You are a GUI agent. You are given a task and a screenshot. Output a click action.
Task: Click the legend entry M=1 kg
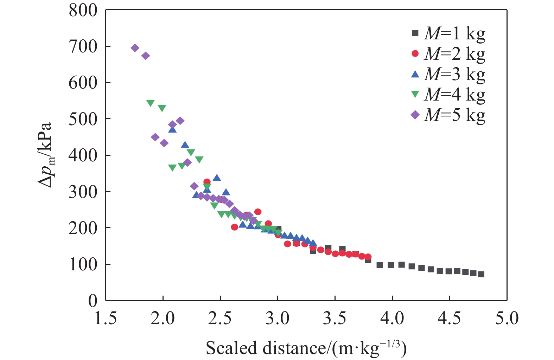(448, 33)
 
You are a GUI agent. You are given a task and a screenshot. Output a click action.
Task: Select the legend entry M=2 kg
(448, 54)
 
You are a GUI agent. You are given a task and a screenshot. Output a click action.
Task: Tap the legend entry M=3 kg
(448, 74)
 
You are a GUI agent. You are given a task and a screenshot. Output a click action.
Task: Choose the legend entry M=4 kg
(448, 95)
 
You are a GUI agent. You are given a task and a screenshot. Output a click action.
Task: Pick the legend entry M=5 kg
(448, 115)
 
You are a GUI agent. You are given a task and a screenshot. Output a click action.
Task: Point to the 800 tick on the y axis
(83, 11)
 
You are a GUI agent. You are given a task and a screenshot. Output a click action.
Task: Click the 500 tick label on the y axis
(83, 119)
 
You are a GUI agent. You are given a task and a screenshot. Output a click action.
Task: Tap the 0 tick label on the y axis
(93, 301)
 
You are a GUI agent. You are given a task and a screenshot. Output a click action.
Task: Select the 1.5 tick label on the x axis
(106, 319)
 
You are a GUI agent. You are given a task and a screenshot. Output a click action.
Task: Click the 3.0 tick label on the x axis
(278, 319)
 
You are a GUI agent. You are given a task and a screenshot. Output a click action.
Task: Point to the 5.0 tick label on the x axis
(507, 319)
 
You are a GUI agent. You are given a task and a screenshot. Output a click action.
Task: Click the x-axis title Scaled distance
(306, 348)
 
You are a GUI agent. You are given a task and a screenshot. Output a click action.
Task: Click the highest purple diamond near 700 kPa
(135, 48)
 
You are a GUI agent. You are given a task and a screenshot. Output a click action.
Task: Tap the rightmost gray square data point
(481, 274)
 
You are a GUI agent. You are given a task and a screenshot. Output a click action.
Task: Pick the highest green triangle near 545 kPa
(151, 103)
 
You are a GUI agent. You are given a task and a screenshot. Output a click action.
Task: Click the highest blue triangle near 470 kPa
(172, 129)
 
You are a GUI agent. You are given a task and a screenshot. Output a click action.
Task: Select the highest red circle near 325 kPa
(207, 182)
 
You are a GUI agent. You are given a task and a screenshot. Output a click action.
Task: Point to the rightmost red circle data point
(368, 257)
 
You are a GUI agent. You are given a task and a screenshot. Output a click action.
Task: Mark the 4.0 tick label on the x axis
(392, 319)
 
